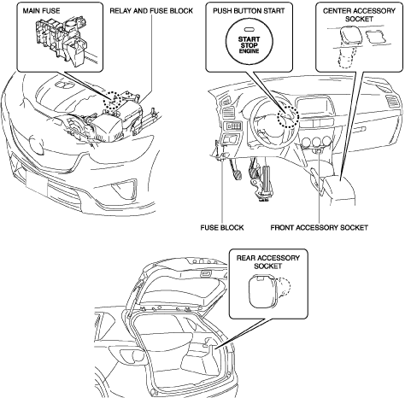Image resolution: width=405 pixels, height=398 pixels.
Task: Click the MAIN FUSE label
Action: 41,11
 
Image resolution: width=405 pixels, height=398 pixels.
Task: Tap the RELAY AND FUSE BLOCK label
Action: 151,11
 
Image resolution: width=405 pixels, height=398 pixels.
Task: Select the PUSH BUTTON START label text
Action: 249,11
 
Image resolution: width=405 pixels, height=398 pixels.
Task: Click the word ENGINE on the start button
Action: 249,51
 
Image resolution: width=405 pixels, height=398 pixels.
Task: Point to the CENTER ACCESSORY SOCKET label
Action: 359,15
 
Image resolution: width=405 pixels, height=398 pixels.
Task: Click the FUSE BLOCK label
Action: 222,228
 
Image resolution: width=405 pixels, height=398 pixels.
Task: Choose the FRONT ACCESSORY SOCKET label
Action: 319,228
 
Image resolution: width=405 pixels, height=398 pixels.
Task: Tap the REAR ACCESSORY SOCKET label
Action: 268,262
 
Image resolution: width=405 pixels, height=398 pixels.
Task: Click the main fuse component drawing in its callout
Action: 67,40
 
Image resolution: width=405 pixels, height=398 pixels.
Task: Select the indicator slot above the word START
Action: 249,30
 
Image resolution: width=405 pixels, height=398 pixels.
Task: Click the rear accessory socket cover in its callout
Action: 261,291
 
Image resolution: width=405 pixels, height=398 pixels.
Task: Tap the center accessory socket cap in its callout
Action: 350,36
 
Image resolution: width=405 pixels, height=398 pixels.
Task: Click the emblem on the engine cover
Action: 63,84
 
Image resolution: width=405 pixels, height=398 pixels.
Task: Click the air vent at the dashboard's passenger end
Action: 392,102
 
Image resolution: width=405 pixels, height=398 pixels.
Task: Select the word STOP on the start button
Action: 249,45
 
